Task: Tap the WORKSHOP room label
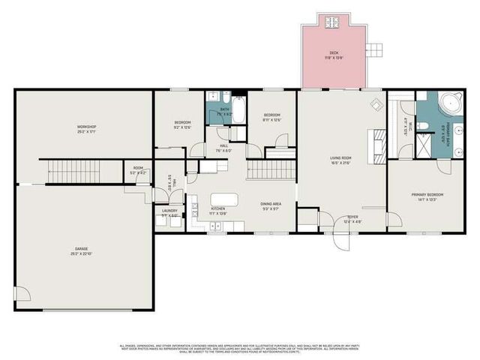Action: point(86,128)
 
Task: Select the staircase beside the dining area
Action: point(263,170)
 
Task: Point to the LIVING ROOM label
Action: point(341,160)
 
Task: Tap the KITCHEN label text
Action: point(218,211)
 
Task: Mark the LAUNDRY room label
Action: point(169,212)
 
